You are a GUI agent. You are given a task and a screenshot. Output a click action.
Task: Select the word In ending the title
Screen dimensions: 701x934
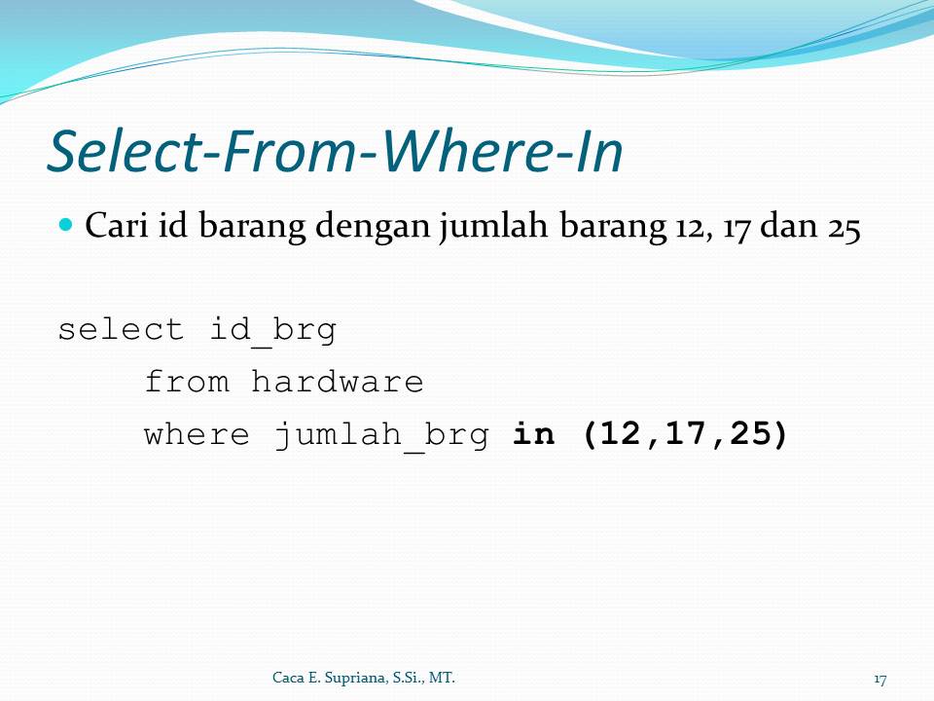[x=597, y=151]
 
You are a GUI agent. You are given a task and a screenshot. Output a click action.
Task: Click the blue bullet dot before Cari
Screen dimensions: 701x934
[x=67, y=225]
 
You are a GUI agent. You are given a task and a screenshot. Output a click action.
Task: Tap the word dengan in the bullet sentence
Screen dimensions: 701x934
[x=371, y=228]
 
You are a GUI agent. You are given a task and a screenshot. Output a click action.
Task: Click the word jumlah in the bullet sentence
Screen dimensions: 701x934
[x=494, y=228]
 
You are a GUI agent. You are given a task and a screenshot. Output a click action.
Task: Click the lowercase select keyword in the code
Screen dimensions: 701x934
[x=121, y=329]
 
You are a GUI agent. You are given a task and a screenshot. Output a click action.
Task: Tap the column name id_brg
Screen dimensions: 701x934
[x=273, y=330]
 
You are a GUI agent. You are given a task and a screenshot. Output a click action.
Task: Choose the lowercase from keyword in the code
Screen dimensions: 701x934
[x=187, y=382]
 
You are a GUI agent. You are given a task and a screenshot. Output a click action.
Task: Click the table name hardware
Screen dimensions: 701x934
[x=338, y=382]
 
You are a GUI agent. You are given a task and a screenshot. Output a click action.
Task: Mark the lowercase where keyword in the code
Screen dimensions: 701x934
[x=198, y=434]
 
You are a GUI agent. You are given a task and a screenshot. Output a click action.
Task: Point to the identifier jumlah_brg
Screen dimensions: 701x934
[x=380, y=435]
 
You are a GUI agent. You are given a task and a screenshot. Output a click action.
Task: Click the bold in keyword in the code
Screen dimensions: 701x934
[x=534, y=434]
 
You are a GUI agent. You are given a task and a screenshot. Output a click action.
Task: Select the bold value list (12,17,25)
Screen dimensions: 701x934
[x=684, y=435]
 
